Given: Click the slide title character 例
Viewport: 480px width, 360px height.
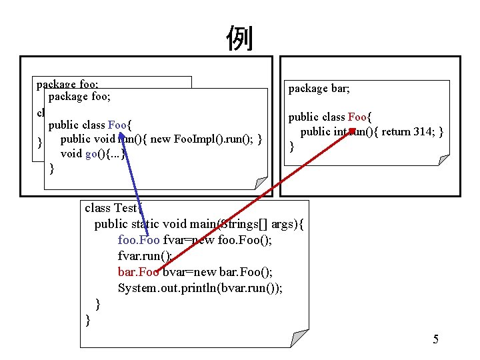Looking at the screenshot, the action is (x=240, y=38).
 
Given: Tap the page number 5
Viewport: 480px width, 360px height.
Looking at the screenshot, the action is (x=435, y=340).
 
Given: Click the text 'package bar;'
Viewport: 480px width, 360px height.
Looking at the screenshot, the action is (x=319, y=88).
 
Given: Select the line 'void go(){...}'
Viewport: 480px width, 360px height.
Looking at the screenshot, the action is (x=93, y=154).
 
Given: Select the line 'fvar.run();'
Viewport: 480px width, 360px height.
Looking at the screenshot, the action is (x=145, y=256).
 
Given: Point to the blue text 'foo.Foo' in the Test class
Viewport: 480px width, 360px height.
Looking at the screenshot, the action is (x=139, y=240).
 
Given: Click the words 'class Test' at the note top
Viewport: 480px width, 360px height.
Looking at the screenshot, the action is (x=107, y=208).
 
